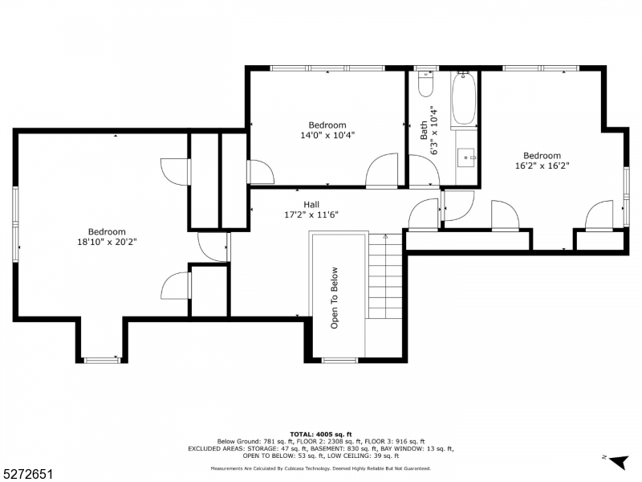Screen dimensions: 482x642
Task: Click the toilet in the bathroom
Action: click(x=426, y=86)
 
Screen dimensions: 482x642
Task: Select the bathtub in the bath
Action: click(x=464, y=100)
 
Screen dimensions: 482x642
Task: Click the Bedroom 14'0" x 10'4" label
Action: click(x=327, y=130)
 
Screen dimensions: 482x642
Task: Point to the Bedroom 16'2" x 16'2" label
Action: click(x=542, y=161)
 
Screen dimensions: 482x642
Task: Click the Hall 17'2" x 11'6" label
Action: click(x=311, y=210)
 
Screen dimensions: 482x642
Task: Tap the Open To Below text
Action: click(x=335, y=297)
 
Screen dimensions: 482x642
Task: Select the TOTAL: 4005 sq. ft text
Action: click(x=320, y=433)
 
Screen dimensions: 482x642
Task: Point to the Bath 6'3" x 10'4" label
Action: click(x=429, y=130)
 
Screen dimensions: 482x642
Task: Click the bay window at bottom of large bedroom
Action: click(x=102, y=360)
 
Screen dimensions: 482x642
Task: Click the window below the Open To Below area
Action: click(x=339, y=360)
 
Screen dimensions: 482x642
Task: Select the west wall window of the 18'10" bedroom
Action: click(x=14, y=224)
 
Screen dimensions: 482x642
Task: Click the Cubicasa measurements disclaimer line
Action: click(x=320, y=468)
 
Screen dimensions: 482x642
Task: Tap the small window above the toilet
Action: click(x=426, y=69)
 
